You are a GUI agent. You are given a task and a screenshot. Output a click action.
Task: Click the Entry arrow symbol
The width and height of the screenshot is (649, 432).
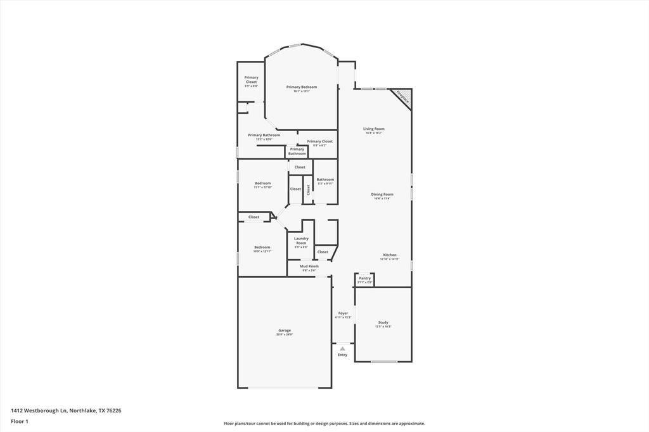342,348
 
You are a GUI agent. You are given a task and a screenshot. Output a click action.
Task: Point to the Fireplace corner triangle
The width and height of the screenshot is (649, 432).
403,97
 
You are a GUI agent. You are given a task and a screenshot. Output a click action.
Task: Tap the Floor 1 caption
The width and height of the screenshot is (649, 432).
20,421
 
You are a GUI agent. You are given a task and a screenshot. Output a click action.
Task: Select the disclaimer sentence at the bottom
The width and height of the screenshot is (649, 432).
324,424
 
